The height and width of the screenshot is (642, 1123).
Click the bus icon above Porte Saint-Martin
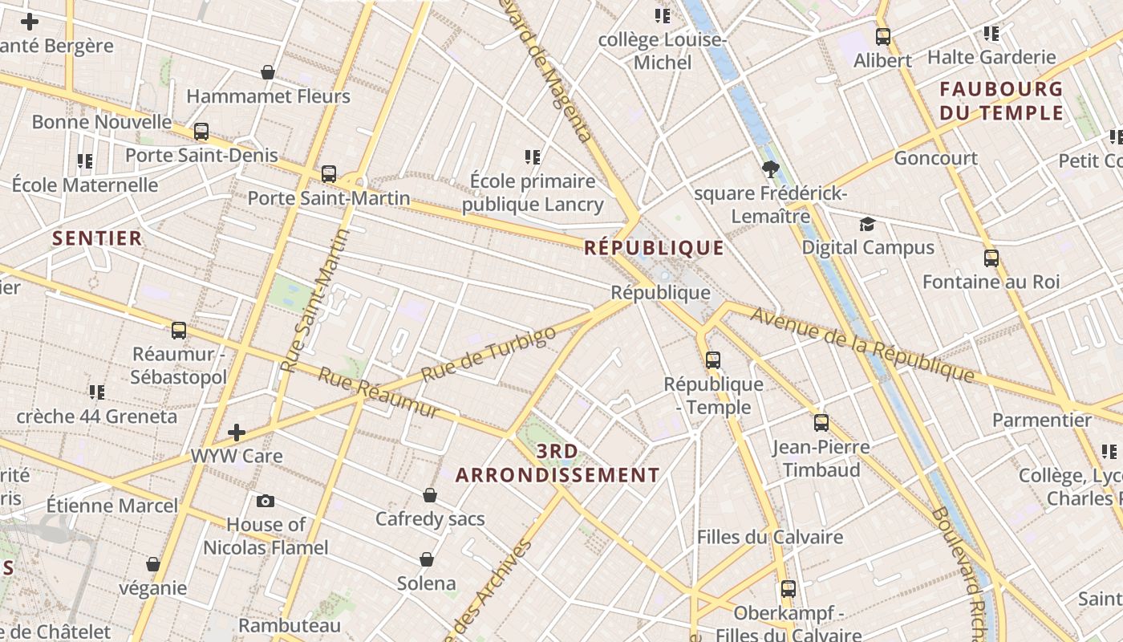328,173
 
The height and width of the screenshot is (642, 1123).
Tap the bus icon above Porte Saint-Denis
201,131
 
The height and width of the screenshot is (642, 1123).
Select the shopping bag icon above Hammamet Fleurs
268,72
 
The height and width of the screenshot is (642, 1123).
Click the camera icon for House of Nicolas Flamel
266,501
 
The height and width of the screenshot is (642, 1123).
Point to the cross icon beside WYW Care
237,433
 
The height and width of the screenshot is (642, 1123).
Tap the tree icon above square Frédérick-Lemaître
771,169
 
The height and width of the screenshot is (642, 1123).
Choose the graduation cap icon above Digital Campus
867,223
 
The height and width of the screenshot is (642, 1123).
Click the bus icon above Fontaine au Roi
991,258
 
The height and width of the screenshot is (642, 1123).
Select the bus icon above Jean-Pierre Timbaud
821,422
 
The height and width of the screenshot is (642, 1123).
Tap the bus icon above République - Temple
713,360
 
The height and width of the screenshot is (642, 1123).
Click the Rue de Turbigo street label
489,354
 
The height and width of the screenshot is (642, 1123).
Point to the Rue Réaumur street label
379,392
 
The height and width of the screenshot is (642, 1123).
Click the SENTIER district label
97,238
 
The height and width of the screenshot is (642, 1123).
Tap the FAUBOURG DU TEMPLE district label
1001,100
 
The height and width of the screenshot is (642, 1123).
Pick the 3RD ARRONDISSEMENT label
557,463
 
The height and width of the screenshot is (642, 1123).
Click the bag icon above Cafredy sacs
430,495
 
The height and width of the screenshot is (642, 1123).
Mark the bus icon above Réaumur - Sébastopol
179,330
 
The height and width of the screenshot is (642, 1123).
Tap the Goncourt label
935,158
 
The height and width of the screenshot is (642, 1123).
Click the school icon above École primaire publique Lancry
533,156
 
